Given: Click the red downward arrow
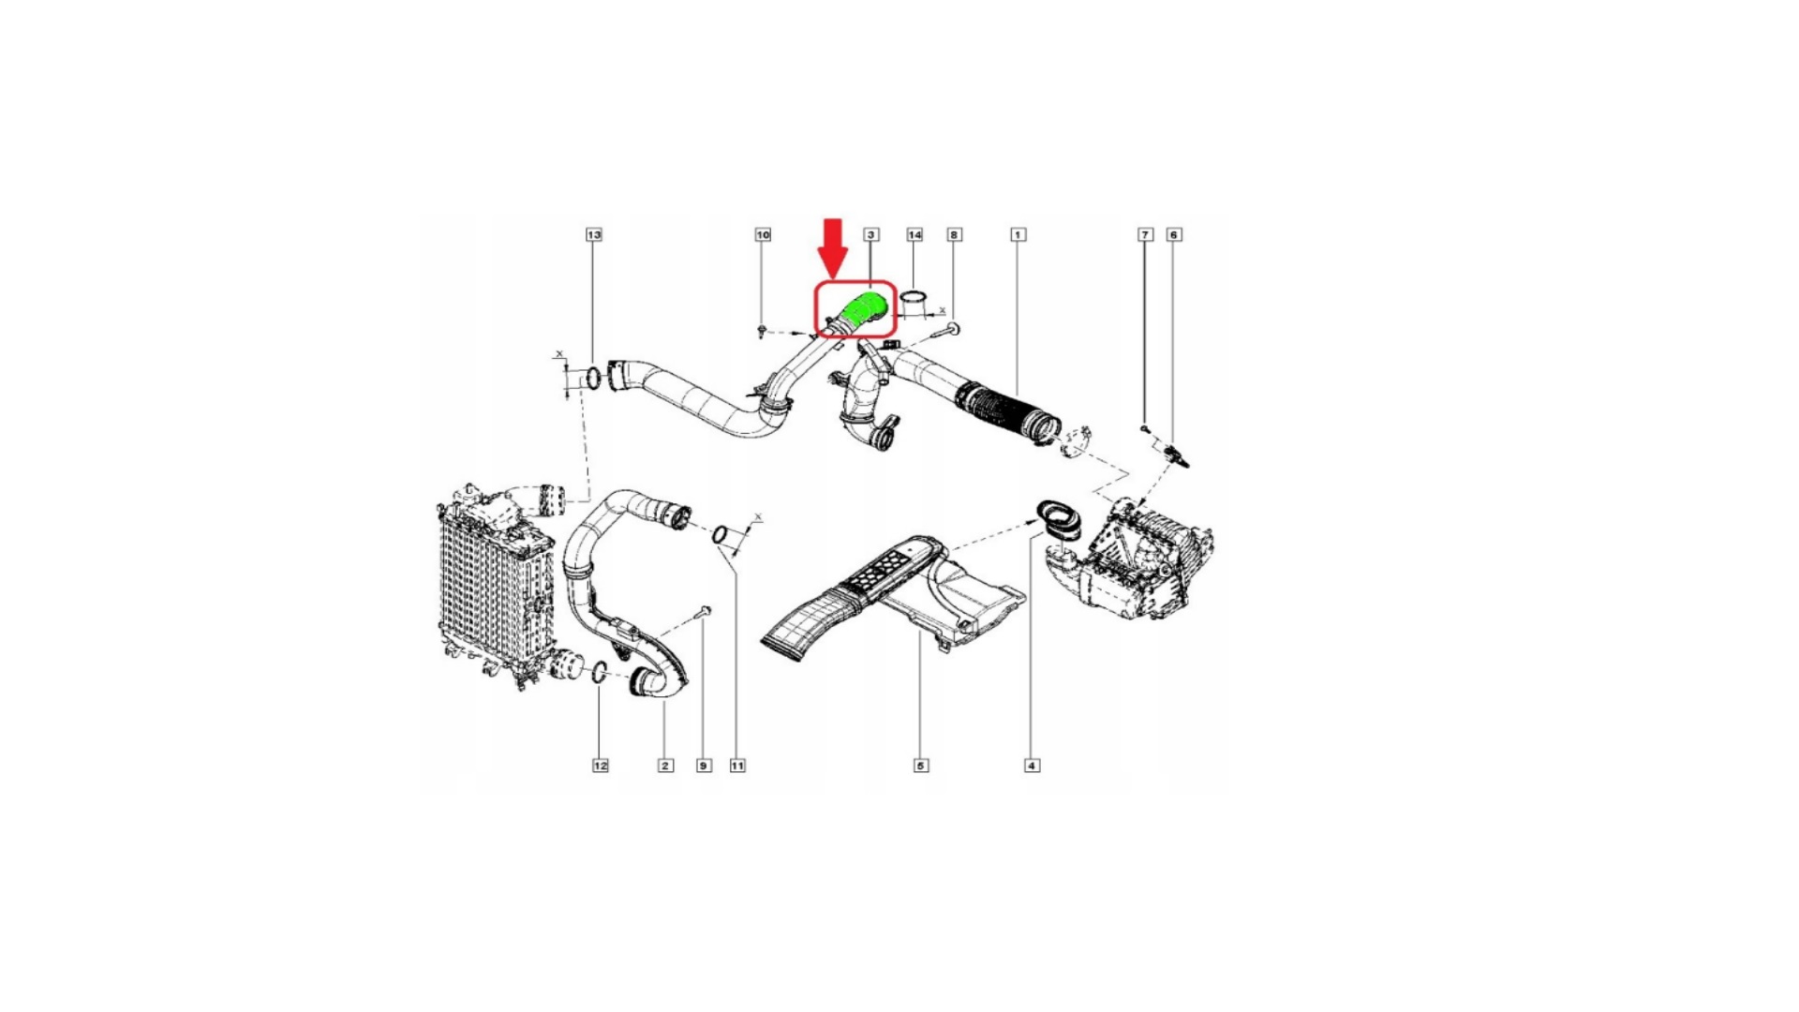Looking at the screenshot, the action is click(833, 248).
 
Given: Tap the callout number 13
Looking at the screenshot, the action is click(593, 234).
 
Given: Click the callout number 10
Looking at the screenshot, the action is click(763, 234).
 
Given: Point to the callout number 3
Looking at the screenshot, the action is click(871, 234).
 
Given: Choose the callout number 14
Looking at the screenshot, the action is click(914, 234).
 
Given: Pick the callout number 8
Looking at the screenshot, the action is click(954, 234).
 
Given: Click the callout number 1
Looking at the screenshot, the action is click(1018, 234).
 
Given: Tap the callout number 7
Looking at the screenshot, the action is click(1145, 234).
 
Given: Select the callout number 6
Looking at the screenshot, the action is click(1174, 234).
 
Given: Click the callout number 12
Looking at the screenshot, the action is click(601, 766).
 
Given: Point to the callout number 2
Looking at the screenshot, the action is click(665, 766).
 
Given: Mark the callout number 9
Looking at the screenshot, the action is click(704, 766).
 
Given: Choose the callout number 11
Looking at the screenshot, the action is click(737, 766).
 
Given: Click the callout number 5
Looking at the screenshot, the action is click(921, 766).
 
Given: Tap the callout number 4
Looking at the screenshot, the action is click(1032, 766).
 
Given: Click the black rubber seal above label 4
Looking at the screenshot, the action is click(1059, 519).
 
